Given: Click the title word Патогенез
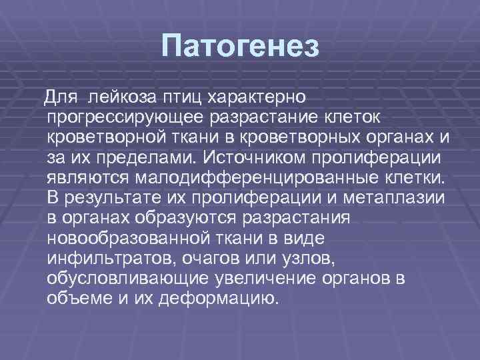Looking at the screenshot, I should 241,47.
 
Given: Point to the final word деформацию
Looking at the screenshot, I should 218,298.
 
